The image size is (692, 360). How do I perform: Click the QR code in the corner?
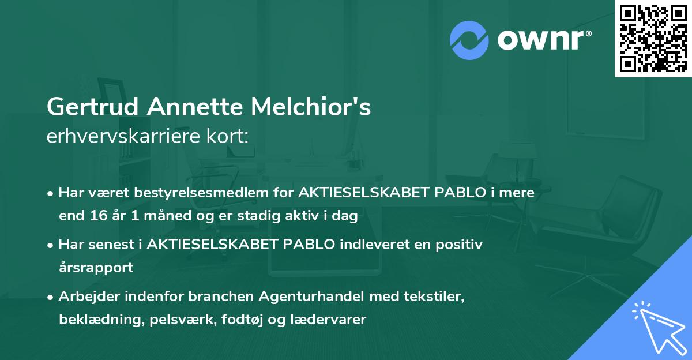tap(653, 38)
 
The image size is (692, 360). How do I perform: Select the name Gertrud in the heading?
tap(92, 107)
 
